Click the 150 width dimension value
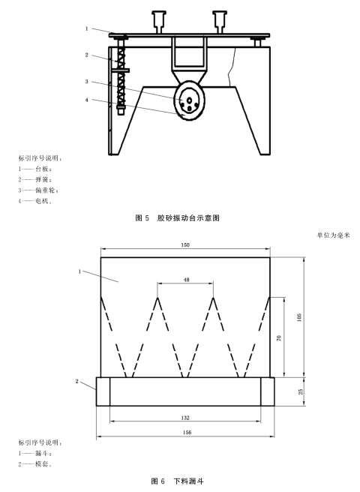point(185,244)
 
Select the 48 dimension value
point(186,280)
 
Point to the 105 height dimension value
point(299,317)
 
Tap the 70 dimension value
point(279,338)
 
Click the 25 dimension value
point(301,391)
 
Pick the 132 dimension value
point(185,418)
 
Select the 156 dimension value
point(187,432)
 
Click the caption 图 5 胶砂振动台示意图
point(177,217)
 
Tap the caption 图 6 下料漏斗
point(177,481)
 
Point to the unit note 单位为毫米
point(333,235)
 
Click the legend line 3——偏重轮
point(38,190)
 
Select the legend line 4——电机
point(34,201)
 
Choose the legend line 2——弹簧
point(34,179)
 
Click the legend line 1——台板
point(34,169)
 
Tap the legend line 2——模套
point(34,464)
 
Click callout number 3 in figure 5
point(87,82)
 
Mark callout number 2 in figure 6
point(77,381)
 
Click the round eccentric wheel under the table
point(189,100)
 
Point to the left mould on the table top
point(159,22)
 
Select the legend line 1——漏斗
point(34,454)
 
